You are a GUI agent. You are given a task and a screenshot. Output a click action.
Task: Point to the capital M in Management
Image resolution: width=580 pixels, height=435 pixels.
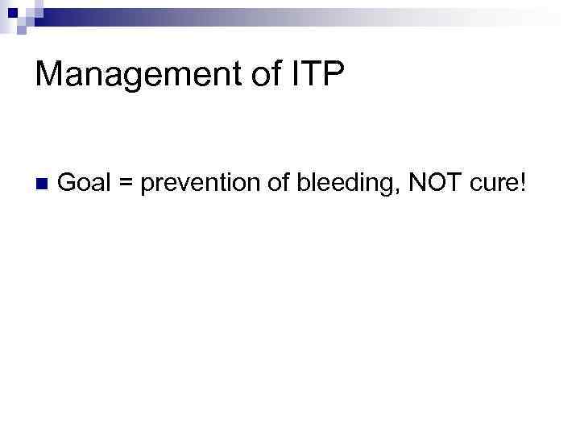coord(49,75)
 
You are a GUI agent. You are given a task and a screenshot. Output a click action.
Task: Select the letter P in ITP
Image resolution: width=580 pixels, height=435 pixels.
coord(333,75)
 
